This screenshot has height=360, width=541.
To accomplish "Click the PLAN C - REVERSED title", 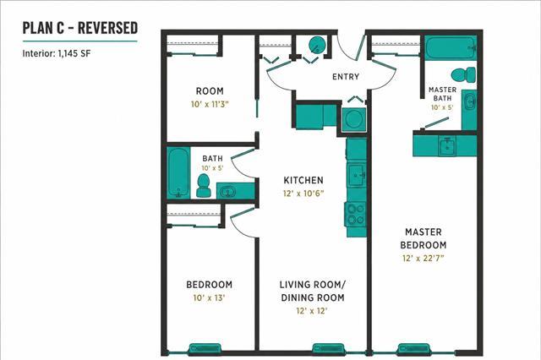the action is point(80,28).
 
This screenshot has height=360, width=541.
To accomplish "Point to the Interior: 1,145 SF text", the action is point(57,53).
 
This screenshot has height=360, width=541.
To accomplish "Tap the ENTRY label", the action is point(346,77).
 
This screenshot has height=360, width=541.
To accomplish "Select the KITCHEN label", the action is point(303,180).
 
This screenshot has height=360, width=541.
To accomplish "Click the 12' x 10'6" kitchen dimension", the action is point(303,194).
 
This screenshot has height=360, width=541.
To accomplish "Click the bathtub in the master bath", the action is point(451,48).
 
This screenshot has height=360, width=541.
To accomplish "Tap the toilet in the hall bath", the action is point(203,186).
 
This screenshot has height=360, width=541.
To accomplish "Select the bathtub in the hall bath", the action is point(178,172).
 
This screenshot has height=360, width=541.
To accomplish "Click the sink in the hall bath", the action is point(228,192).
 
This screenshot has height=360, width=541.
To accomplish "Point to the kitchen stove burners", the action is point(356,214).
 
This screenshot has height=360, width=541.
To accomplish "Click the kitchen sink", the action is point(357,175).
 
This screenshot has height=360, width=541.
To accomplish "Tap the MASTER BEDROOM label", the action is point(424,238).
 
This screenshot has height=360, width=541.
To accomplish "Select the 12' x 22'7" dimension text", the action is point(423,258).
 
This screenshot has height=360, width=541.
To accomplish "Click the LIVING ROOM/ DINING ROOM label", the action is point(312,291).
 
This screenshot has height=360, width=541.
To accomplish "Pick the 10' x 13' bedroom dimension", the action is point(209,297).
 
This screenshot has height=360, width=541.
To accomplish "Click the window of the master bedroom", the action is point(413,350).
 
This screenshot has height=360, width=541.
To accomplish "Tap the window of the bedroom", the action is point(205,350).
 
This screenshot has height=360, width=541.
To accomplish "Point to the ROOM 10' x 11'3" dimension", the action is point(210,104).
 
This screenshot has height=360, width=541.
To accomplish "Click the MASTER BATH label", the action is point(442,94).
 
